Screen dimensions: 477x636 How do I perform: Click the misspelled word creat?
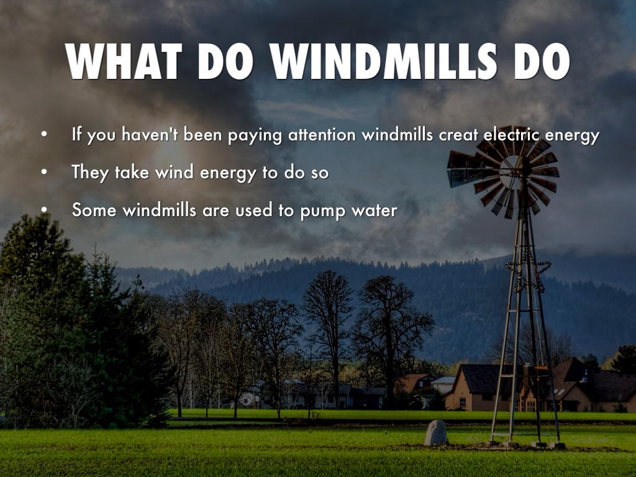460,135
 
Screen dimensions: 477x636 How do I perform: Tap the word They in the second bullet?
91,172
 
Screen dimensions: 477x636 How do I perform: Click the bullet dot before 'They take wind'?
43,172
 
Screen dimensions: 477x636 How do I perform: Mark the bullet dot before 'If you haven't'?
43,135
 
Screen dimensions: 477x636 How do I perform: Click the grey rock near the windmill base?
436,433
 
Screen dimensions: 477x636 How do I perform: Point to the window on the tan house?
462,401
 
